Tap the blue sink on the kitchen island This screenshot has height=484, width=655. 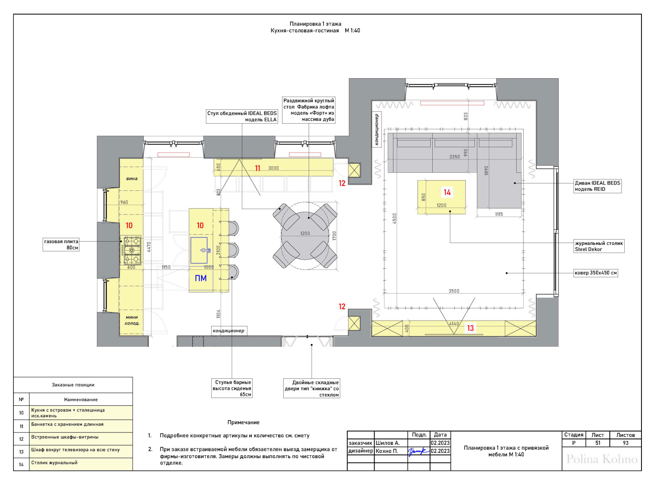click(199, 250)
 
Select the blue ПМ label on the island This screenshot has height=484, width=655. click(201, 278)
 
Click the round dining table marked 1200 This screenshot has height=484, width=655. click(305, 235)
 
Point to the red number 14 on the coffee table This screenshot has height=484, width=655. click(447, 192)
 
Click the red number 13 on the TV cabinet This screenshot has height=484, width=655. click(470, 328)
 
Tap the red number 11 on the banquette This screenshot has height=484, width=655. click(257, 168)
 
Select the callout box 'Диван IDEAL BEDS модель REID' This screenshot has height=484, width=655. click(597, 186)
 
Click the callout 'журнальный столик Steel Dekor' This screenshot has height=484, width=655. click(599, 246)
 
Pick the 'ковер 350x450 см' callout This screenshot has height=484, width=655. click(596, 273)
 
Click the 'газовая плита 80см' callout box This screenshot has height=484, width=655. click(61, 244)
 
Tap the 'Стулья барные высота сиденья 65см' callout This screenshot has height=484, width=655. click(232, 388)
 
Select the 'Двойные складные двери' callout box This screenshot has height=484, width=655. click(312, 389)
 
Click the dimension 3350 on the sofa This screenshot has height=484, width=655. click(454, 157)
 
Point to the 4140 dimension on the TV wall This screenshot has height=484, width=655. click(454, 323)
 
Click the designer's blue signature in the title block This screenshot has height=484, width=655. click(418, 451)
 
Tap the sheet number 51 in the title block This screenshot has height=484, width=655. click(598, 443)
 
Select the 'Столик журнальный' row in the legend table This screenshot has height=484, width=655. click(73, 464)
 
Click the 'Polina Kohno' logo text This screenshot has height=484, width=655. click(601, 459)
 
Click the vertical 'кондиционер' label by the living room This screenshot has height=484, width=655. click(377, 129)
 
